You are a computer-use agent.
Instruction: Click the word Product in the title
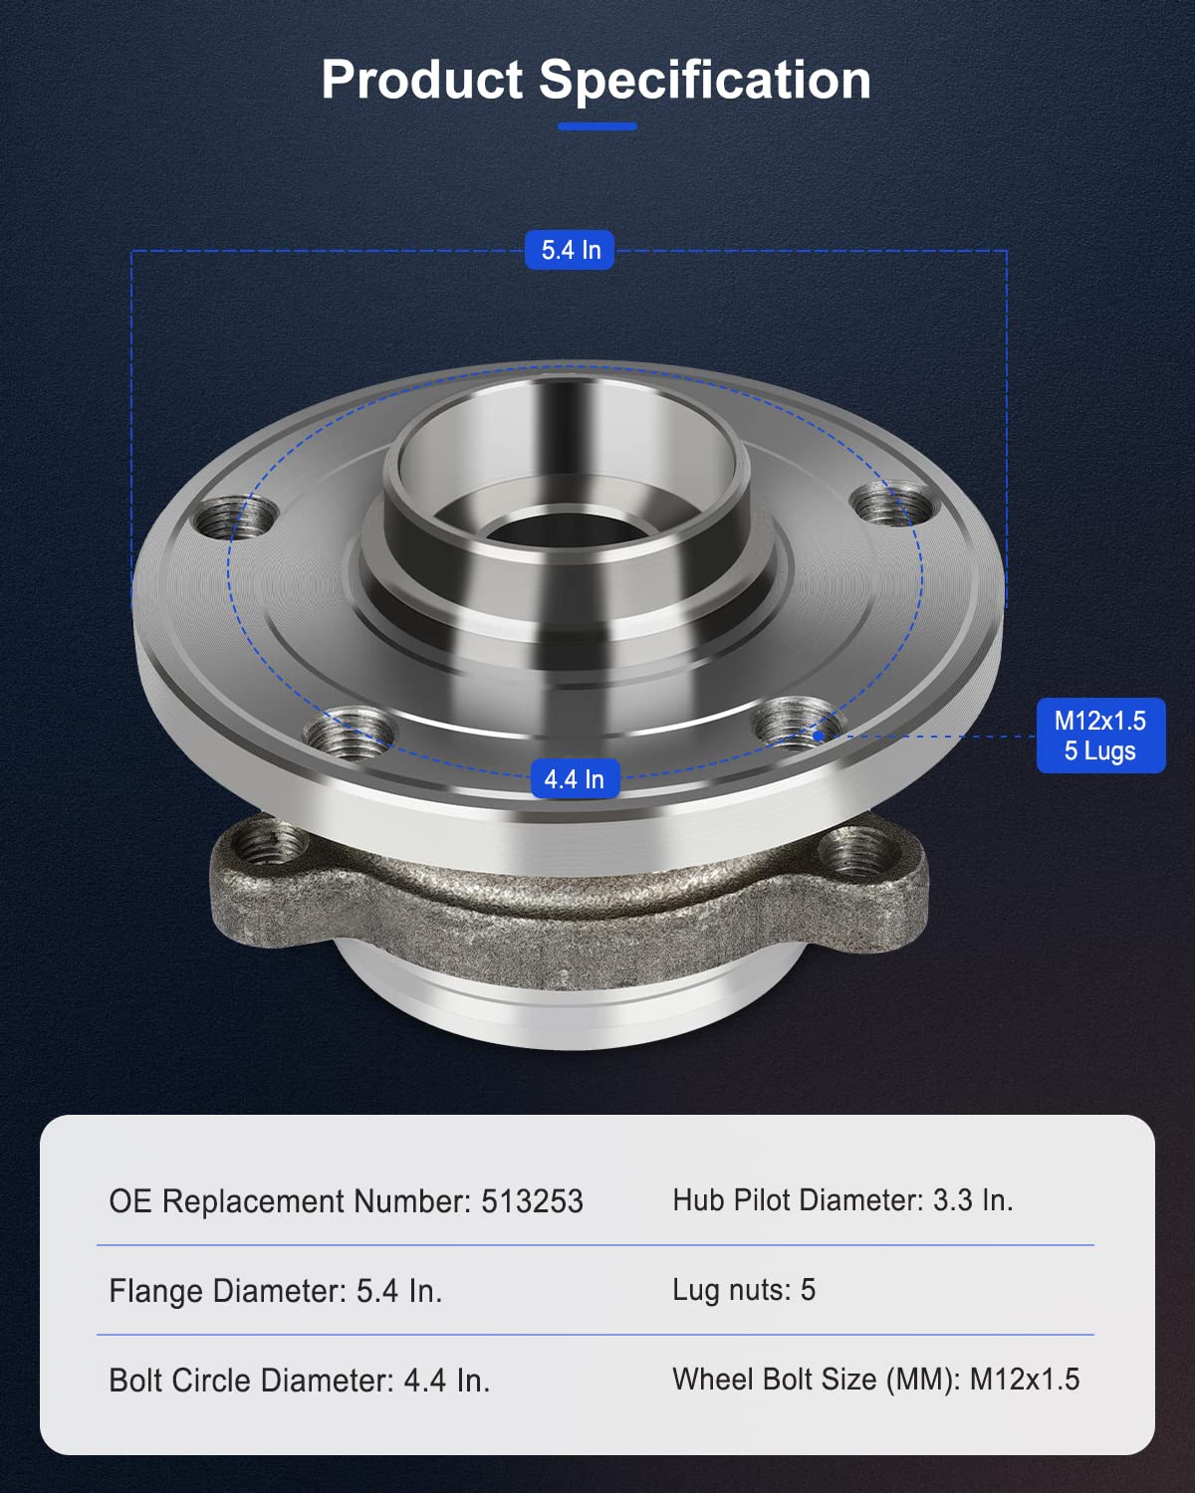(x=421, y=80)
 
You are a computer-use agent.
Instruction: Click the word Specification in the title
(x=705, y=80)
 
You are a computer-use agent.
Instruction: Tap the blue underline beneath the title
(x=597, y=126)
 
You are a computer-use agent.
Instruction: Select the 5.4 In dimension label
(x=571, y=250)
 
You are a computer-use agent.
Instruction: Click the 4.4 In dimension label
(x=574, y=778)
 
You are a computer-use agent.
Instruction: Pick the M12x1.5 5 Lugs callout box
(x=1099, y=736)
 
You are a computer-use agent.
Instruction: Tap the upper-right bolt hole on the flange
(x=897, y=503)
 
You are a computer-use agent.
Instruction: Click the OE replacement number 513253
(x=532, y=1201)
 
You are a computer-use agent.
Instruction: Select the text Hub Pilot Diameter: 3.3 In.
(x=842, y=1200)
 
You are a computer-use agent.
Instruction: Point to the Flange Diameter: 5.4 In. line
(x=276, y=1291)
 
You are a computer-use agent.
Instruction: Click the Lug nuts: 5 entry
(x=744, y=1290)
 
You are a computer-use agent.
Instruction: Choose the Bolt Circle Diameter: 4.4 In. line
(x=300, y=1381)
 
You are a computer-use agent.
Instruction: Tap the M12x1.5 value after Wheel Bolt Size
(x=1024, y=1380)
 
